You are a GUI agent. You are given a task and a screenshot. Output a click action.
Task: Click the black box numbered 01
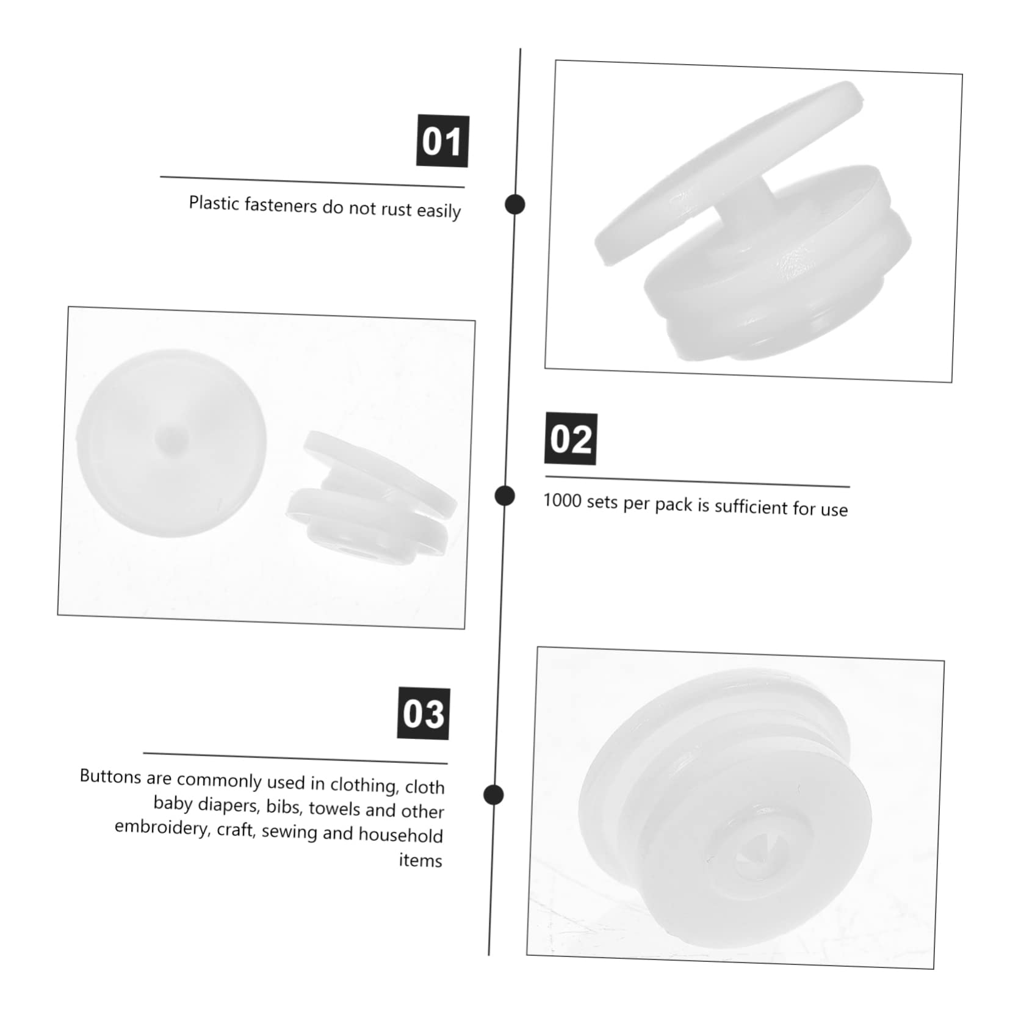click(442, 141)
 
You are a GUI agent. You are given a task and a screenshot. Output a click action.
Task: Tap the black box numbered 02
click(571, 439)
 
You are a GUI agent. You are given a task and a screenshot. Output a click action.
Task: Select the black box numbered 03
click(424, 713)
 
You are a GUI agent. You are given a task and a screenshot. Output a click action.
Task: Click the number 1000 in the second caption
click(562, 500)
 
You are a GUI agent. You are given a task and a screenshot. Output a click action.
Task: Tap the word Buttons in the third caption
click(111, 776)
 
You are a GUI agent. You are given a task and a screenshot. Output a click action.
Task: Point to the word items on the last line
click(420, 860)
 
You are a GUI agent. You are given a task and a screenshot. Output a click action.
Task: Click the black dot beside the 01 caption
click(515, 204)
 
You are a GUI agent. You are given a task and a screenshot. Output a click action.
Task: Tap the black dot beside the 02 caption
click(505, 496)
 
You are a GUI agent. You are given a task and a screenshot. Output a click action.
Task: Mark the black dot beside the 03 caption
click(493, 795)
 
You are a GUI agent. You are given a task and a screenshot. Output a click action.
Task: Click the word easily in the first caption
click(439, 212)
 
